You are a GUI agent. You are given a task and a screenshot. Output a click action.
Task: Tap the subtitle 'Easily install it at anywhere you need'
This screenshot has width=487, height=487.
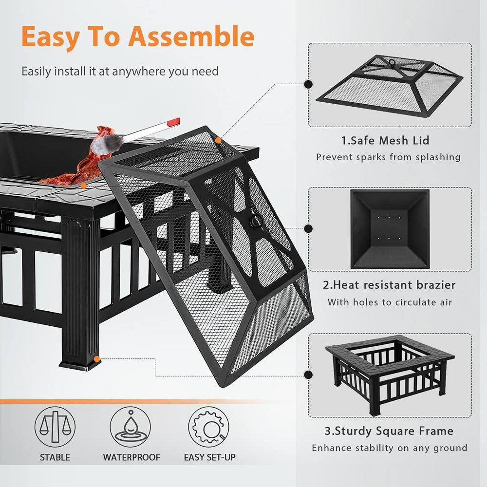tap(120, 72)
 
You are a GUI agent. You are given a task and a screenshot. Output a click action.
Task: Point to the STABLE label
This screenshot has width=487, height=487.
tap(55, 457)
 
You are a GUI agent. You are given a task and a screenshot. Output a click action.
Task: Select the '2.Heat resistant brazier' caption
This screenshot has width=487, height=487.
tap(389, 285)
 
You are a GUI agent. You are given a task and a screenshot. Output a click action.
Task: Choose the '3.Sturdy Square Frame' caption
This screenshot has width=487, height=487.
tap(389, 431)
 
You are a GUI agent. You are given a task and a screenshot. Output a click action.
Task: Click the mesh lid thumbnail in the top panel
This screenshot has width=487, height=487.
tap(389, 85)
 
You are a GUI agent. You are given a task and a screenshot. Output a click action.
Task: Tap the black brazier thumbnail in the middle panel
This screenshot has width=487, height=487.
tap(389, 229)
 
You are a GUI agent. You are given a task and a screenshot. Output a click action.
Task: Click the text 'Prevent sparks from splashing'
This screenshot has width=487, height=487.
tap(388, 157)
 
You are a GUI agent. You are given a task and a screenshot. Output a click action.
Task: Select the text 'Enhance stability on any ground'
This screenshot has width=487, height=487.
tap(389, 448)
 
